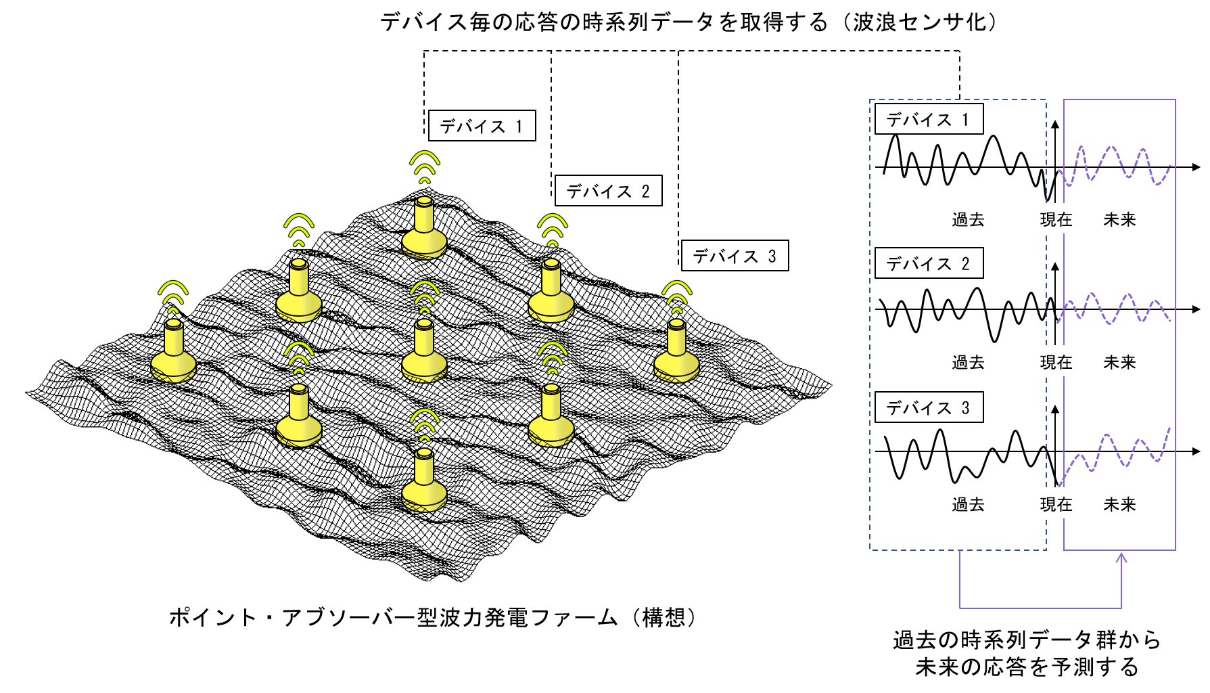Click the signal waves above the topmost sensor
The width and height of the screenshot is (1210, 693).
pos(425,166)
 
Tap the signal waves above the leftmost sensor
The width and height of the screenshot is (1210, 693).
pos(173,296)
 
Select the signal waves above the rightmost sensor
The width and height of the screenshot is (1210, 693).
pos(677,296)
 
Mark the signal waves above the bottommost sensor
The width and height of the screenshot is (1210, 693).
pos(425,424)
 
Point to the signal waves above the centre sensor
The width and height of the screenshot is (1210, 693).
pos(425,296)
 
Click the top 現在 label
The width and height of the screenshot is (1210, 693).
pos(1056,219)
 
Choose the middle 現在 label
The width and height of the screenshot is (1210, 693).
pos(1056,361)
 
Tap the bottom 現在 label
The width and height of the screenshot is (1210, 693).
pos(1056,503)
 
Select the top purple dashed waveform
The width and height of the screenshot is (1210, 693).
pos(1115,165)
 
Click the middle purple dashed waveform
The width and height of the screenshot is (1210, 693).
pos(1115,309)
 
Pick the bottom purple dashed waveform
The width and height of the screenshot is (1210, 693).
pos(1115,451)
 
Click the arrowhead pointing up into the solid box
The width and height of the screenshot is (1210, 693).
pos(1121,558)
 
